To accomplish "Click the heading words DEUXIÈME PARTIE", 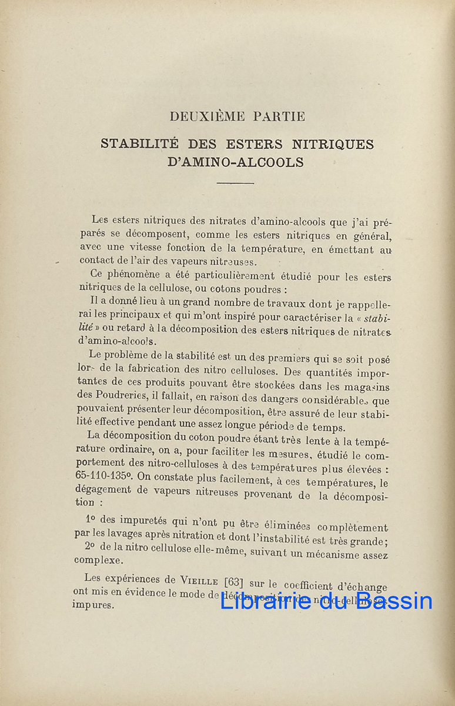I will coord(237,116).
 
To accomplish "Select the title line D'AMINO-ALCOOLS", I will coord(236,163).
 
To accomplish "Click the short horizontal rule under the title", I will coord(235,183).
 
